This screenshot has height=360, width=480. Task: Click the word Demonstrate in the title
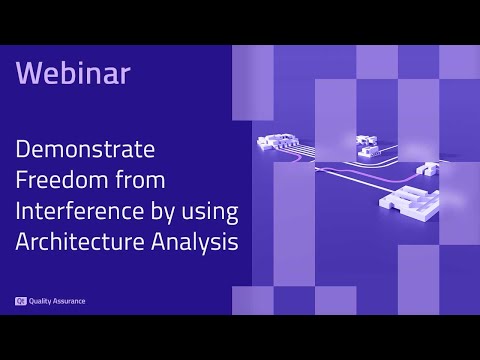click(85, 151)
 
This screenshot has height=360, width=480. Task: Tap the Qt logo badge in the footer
click(20, 300)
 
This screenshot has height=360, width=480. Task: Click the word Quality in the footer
click(42, 300)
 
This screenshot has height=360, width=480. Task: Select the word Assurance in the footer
click(70, 300)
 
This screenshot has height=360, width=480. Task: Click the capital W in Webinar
click(28, 73)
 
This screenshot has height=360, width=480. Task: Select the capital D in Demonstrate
click(22, 151)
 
